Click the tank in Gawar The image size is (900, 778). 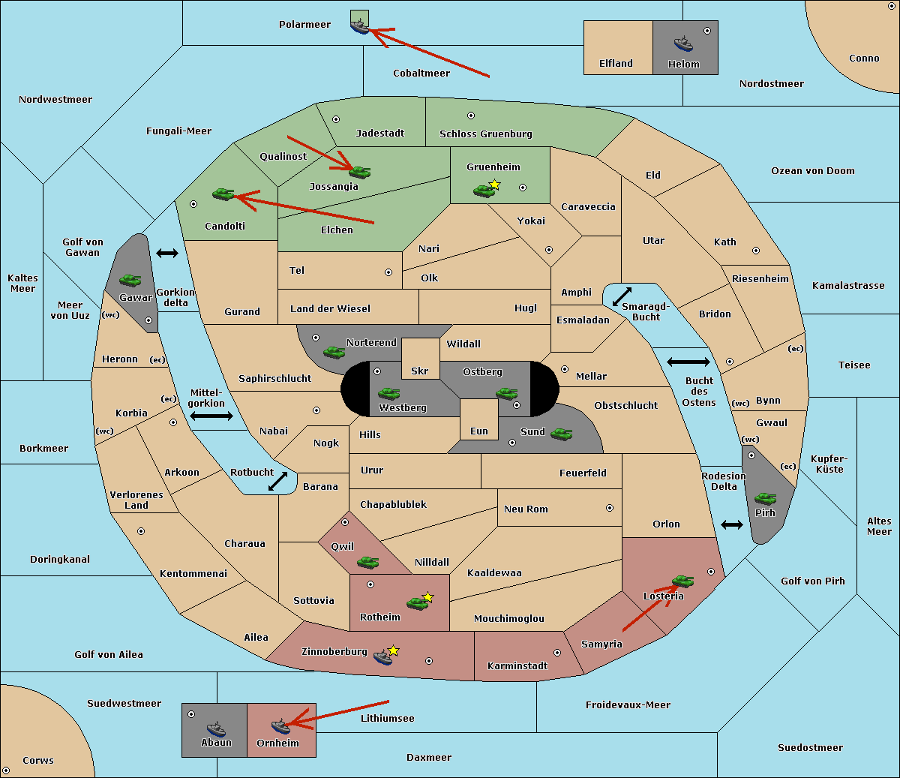tap(130, 280)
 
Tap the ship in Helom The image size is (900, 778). tap(683, 44)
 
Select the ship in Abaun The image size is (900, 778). tap(216, 728)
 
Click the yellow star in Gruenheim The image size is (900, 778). tap(495, 185)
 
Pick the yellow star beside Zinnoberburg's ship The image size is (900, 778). tap(393, 650)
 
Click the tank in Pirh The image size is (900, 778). tap(765, 498)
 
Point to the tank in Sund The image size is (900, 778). tap(561, 434)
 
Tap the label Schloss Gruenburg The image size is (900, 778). tap(485, 134)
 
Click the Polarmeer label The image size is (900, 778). tap(304, 25)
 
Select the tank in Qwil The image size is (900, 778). tap(367, 563)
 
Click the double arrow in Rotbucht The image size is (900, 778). tap(277, 482)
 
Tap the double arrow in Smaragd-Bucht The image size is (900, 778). tap(622, 296)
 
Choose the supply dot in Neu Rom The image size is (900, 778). tap(610, 508)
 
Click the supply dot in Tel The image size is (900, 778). tap(388, 272)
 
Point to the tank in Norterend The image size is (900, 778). tap(334, 353)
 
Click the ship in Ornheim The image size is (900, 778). tap(280, 726)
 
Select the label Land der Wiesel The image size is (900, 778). tap(330, 309)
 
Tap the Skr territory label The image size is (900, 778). tap(419, 371)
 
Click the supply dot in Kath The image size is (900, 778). tap(756, 251)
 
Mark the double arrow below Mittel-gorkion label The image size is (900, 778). tap(211, 416)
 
